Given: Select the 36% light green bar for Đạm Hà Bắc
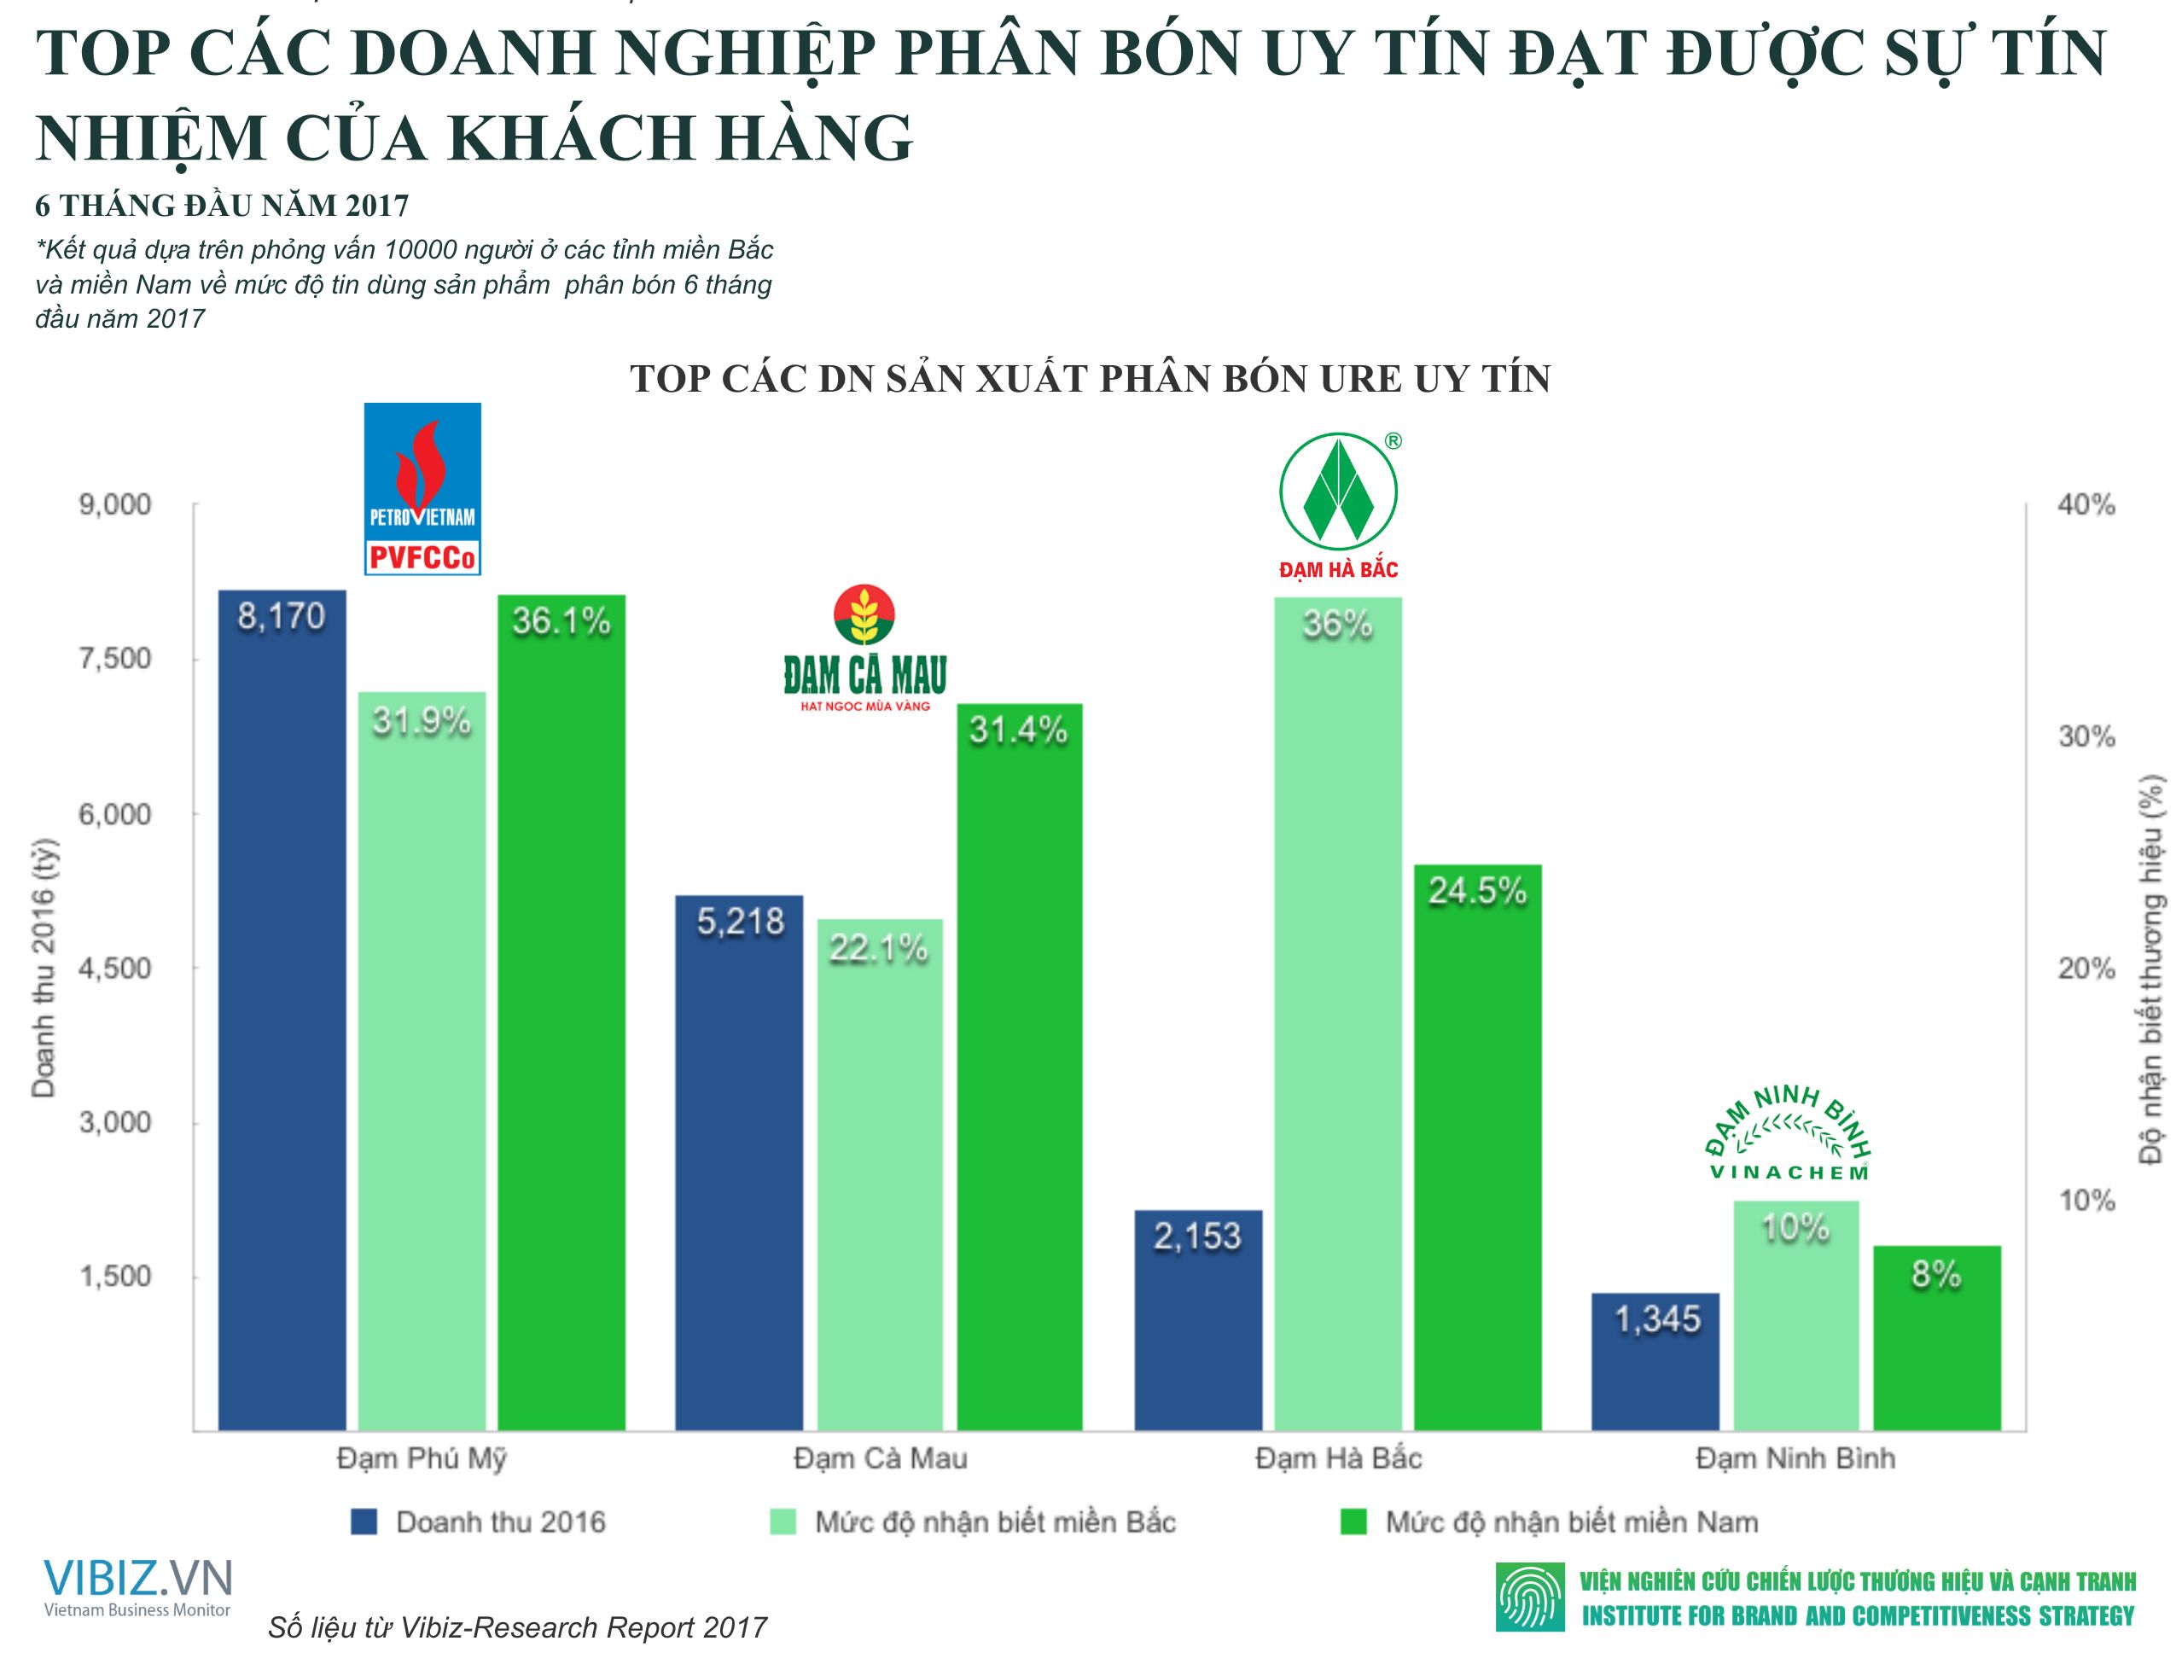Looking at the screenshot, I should click(x=1337, y=1014).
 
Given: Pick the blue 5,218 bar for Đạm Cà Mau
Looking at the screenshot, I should click(x=739, y=1163).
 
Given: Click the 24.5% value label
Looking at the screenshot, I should click(x=1477, y=892).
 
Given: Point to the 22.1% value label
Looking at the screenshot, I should click(x=879, y=949).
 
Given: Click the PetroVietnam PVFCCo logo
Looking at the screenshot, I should click(x=422, y=489).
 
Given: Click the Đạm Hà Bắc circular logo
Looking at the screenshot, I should click(x=1339, y=493).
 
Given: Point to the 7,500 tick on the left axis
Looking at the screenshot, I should click(x=115, y=659).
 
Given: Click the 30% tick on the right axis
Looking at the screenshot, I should click(x=2085, y=736).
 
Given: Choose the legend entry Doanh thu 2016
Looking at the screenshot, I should click(x=478, y=1522).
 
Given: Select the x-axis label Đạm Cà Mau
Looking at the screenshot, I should click(x=880, y=1458).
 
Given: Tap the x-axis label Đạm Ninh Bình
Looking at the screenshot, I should click(x=1795, y=1458).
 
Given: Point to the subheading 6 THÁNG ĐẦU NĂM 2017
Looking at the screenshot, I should click(x=222, y=206).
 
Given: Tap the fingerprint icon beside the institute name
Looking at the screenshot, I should click(x=1529, y=1598).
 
